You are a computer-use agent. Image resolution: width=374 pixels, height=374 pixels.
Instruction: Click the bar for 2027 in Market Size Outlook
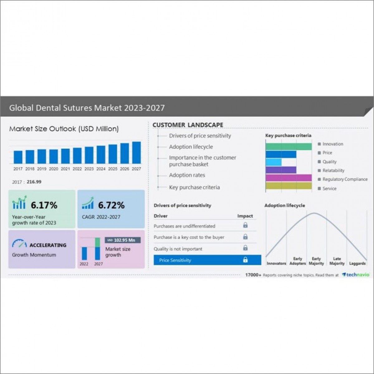(136, 153)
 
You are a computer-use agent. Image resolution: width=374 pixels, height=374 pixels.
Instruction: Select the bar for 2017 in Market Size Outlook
(18, 157)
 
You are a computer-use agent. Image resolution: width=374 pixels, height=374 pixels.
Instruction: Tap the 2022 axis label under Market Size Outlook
(77, 169)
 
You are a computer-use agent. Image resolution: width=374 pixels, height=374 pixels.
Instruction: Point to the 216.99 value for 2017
(34, 182)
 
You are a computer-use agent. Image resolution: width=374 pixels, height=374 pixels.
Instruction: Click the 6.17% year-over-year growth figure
(44, 205)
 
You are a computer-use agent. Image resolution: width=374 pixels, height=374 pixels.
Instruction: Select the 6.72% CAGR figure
(111, 205)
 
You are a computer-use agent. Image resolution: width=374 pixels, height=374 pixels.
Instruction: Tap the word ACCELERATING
(48, 245)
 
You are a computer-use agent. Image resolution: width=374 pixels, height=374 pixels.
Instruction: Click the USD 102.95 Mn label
(123, 240)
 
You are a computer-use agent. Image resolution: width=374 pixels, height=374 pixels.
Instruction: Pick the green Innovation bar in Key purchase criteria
(289, 146)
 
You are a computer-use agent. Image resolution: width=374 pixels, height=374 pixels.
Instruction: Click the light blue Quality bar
(274, 162)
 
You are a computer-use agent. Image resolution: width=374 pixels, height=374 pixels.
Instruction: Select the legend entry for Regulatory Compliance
(345, 180)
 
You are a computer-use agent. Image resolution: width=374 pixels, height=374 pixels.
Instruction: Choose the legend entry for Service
(329, 189)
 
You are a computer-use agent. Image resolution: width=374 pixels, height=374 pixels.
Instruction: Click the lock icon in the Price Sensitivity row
(245, 260)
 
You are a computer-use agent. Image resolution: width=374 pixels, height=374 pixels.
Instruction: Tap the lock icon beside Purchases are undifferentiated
(245, 225)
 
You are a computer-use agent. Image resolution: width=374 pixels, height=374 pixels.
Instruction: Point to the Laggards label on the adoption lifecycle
(357, 263)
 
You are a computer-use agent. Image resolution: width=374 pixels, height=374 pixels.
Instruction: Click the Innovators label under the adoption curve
(276, 263)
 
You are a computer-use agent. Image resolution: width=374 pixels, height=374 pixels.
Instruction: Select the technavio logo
(356, 275)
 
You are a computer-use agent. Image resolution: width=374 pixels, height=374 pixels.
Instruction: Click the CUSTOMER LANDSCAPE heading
(188, 125)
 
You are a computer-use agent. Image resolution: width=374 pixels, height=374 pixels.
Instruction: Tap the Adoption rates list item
(187, 175)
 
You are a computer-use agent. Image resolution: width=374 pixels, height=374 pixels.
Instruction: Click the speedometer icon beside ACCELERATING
(19, 244)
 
